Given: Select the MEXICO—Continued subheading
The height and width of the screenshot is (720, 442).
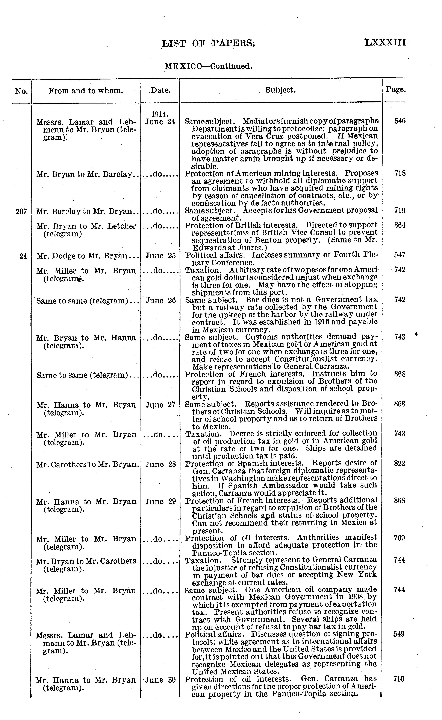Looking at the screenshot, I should [x=208, y=66].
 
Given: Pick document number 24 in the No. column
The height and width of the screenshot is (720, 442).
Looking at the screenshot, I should [x=23, y=256].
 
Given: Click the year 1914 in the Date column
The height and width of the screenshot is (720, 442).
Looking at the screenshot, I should [x=160, y=114].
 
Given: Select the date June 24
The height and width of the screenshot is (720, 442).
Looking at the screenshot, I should [x=160, y=121].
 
